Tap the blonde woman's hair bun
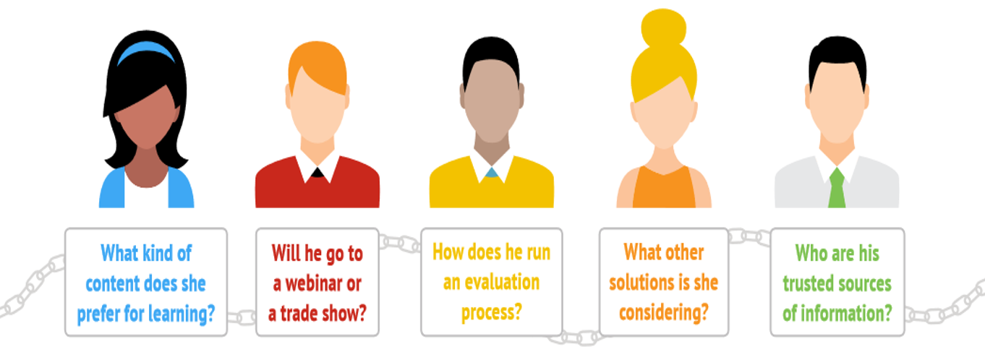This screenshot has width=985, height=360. tap(664, 27)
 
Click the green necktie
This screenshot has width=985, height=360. tap(837, 188)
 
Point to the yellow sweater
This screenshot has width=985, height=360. tap(491, 186)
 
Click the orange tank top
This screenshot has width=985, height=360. tap(664, 188)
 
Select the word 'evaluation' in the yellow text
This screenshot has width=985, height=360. tap(502, 282)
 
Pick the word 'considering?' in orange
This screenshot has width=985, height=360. tap(664, 313)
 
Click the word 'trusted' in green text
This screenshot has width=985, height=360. tap(809, 283)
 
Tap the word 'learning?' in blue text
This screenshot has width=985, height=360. tap(181, 314)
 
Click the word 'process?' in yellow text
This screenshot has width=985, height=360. tap(491, 312)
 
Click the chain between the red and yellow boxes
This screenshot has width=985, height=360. tap(400, 243)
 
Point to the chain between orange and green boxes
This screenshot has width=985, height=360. tap(749, 236)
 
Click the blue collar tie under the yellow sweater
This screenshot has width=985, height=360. tap(491, 172)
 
